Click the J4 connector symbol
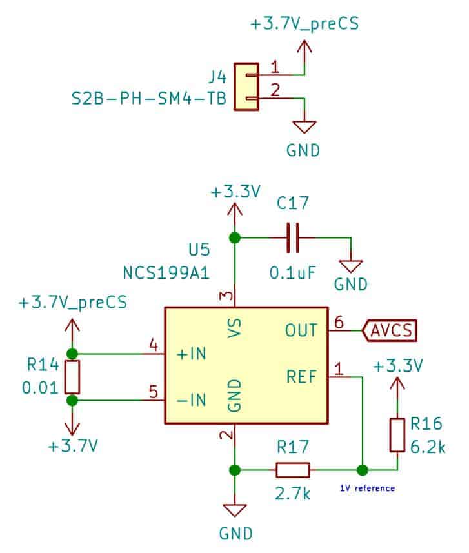coord(246,86)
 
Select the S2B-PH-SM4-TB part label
coord(148,101)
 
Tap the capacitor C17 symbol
coord(294,238)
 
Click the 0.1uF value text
coord(292,272)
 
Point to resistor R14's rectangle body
coord(72,377)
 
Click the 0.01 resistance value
coord(41,388)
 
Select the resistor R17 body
coord(292,469)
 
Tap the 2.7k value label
coord(292,494)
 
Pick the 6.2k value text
coord(428,445)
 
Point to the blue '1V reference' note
coord(367,488)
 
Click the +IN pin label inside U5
coord(192,354)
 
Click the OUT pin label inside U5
coord(301,330)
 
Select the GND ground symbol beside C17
coord(351,265)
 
